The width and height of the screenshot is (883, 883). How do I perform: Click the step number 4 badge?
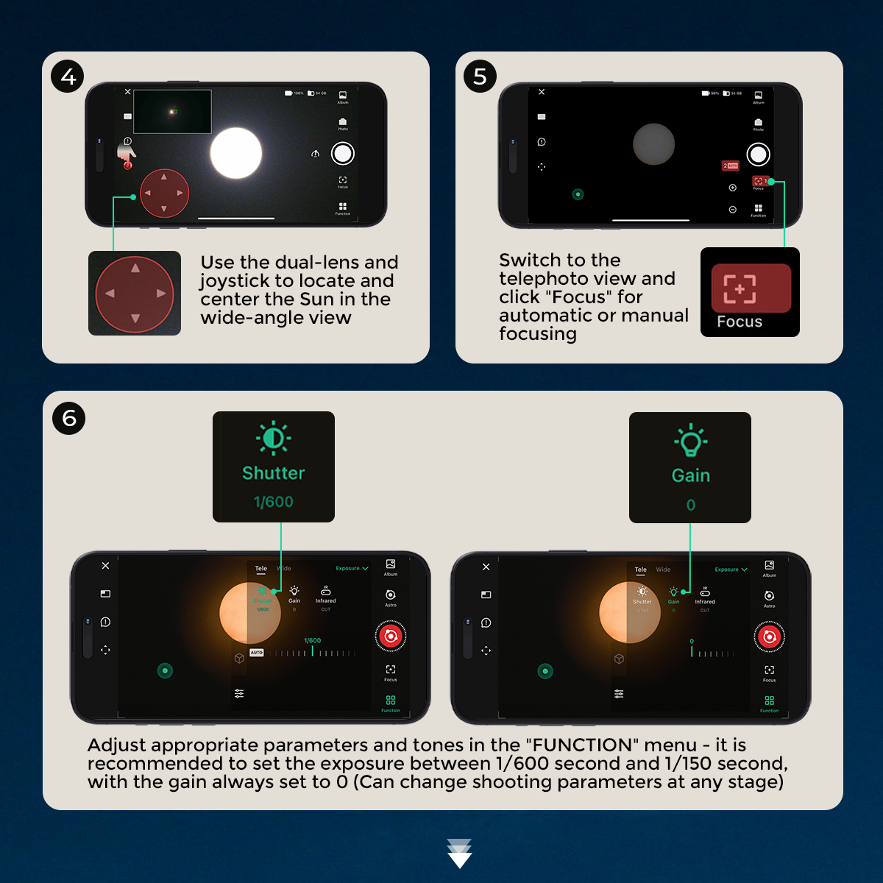[68, 77]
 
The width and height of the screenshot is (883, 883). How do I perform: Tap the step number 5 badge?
[480, 77]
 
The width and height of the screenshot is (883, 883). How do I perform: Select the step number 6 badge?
[69, 418]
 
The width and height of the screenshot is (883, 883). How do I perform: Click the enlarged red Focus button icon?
[751, 288]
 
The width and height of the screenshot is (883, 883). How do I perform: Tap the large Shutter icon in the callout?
[274, 438]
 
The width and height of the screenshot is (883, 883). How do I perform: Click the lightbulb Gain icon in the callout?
[690, 441]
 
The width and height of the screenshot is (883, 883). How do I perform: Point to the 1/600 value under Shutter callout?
[274, 502]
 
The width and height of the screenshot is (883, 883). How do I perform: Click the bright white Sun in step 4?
[236, 153]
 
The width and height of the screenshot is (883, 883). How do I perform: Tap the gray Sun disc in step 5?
[653, 144]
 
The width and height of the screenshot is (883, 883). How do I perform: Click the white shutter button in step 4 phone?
[343, 153]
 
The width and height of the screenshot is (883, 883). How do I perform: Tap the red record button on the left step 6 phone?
[391, 636]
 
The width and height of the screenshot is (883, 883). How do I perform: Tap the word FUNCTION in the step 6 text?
[581, 745]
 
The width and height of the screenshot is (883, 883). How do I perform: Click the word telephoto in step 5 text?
[545, 279]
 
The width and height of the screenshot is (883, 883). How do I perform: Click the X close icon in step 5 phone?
[542, 92]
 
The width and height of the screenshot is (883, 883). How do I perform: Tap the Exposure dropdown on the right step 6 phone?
[731, 570]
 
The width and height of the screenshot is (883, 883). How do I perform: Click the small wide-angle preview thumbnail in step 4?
[173, 112]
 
